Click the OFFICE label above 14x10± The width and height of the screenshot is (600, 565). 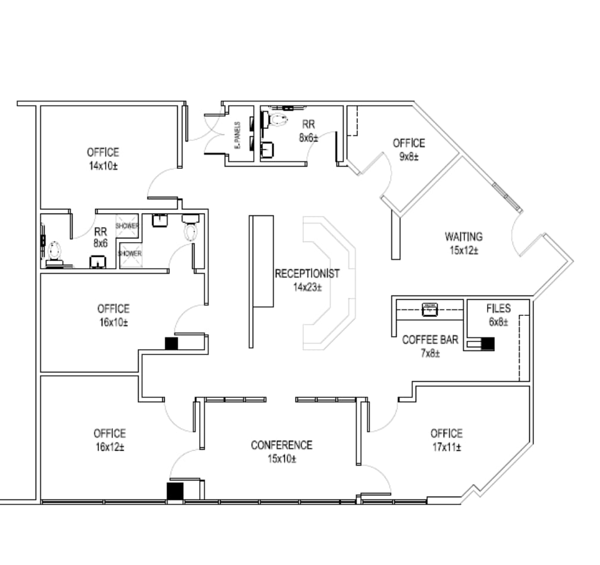click(x=103, y=152)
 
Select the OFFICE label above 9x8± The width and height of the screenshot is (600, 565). click(x=409, y=143)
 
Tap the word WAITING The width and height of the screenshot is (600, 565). click(x=464, y=237)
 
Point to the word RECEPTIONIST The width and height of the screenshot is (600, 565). click(x=307, y=274)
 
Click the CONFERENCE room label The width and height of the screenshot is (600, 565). click(x=281, y=445)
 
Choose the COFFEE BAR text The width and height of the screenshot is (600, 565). click(x=430, y=340)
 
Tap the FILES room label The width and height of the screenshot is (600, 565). click(x=498, y=308)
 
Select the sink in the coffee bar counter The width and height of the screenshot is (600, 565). click(x=429, y=309)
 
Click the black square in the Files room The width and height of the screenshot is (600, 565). click(x=488, y=344)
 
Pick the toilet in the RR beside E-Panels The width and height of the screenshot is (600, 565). click(x=278, y=121)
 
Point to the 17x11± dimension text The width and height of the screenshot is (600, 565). click(x=447, y=447)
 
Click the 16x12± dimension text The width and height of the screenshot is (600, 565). click(x=109, y=447)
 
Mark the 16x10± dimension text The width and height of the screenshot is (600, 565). click(x=113, y=322)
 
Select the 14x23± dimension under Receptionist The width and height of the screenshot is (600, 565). click(x=307, y=287)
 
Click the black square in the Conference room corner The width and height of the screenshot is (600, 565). click(x=175, y=491)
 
